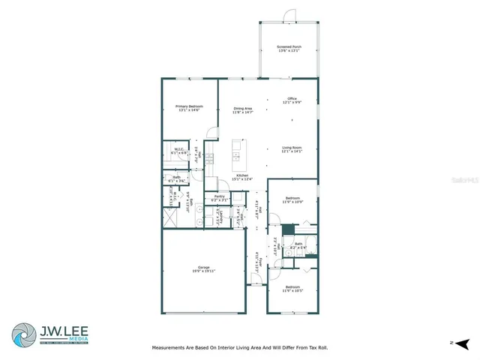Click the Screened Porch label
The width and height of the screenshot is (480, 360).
[287, 47]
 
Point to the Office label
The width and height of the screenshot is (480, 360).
[292, 98]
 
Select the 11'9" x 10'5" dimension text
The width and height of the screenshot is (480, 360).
[292, 290]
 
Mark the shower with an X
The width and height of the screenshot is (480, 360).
[171, 219]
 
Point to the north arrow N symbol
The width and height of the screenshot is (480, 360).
[451, 342]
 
